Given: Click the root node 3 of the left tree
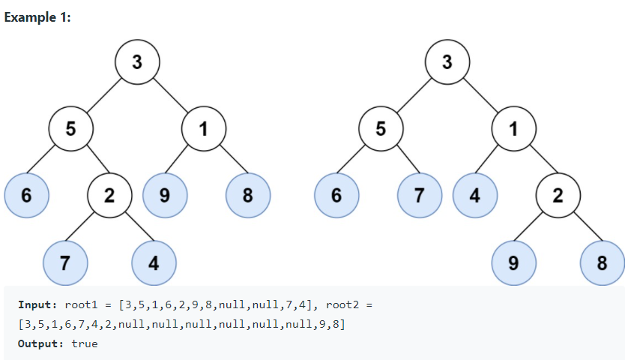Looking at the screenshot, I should click(136, 61).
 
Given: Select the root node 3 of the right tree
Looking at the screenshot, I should click(447, 61).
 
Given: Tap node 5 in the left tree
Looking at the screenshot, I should click(70, 128).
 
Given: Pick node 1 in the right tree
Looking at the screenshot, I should click(513, 128).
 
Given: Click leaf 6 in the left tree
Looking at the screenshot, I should click(26, 196).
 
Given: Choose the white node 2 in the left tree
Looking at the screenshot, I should click(109, 196).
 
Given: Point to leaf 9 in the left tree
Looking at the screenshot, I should click(164, 196).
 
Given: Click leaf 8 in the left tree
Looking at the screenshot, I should click(247, 196).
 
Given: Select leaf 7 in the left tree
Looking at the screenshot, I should click(65, 262).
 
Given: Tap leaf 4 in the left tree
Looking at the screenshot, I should click(154, 262).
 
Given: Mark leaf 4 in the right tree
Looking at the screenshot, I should click(474, 196).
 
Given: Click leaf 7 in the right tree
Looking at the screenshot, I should click(419, 196).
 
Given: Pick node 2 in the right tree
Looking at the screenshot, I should click(558, 196).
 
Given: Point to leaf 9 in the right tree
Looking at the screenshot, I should click(513, 262).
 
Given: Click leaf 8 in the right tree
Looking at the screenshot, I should click(602, 262).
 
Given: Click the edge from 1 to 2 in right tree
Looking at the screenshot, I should click(536, 162).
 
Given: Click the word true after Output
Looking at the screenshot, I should click(85, 343).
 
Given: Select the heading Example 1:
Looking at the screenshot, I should click(37, 18).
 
